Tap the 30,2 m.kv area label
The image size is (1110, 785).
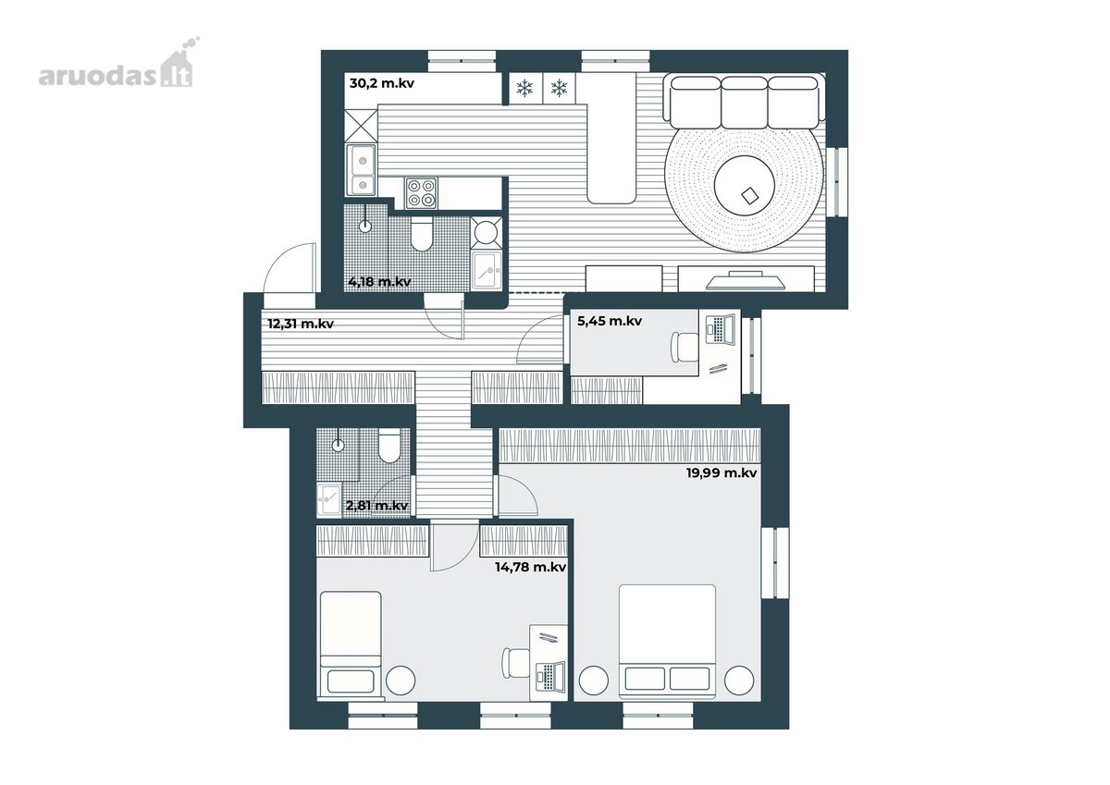[381, 83]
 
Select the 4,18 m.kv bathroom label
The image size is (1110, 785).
[379, 282]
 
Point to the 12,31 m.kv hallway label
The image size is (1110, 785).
[301, 324]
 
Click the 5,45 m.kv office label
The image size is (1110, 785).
[609, 321]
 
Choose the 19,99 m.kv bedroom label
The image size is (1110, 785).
[721, 473]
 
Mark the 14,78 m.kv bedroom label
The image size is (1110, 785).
[530, 567]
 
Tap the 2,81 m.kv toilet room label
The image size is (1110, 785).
[377, 506]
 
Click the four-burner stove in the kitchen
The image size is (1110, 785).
[421, 193]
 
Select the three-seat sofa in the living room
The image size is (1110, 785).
[744, 101]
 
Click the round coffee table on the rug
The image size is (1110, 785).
[745, 185]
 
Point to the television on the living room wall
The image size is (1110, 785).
[746, 280]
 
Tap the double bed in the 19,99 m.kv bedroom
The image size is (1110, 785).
[668, 642]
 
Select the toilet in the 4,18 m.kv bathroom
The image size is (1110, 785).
[422, 234]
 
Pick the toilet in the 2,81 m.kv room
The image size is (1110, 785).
[388, 446]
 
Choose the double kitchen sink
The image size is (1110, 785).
[361, 170]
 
